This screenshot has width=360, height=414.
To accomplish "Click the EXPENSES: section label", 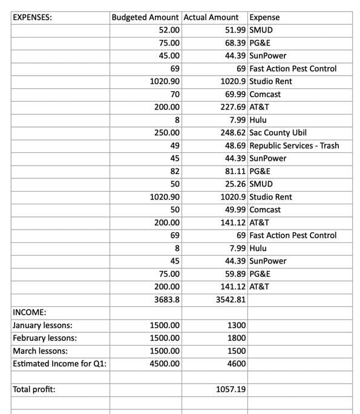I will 32,18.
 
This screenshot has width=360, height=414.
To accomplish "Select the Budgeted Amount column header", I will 145,18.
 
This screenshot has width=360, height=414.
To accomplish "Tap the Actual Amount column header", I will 211,18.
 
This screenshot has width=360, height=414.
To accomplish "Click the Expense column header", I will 264,18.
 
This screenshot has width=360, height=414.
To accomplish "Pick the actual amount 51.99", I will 234,30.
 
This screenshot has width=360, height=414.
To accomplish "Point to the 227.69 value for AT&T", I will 233,107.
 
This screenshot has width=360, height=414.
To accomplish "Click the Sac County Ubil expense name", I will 278,132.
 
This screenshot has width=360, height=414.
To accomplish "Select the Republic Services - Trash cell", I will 294,146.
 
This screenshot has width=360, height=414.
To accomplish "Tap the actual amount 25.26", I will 235,184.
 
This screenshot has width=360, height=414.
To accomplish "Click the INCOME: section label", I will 30,312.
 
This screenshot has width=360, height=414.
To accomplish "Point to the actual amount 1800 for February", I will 237,338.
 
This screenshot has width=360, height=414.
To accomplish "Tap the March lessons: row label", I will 40,351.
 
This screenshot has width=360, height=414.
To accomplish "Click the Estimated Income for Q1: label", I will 59,363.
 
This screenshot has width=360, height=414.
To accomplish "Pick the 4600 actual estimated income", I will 237,363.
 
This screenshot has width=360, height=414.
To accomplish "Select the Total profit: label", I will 34,389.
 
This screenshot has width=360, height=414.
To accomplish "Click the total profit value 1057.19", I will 231,389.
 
